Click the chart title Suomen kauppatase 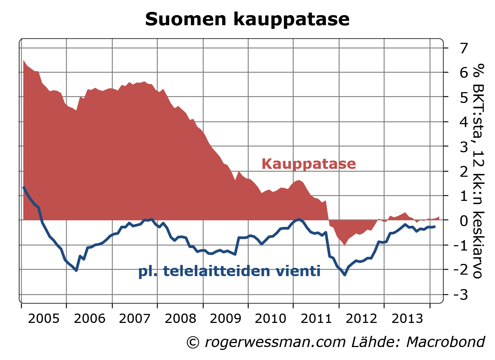(x=247, y=19)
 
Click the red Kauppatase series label (x=309, y=164)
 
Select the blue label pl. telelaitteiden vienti (x=229, y=271)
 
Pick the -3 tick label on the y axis (x=461, y=295)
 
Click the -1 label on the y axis (x=461, y=246)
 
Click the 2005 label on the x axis (x=44, y=318)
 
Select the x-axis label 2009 (x=225, y=318)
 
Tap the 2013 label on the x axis (x=407, y=318)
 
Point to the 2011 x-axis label (x=316, y=318)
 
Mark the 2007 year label (x=134, y=318)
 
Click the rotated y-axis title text (x=478, y=171)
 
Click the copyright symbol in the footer (x=193, y=342)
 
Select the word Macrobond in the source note (x=446, y=342)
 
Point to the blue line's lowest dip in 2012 (x=345, y=275)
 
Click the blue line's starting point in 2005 (x=23, y=187)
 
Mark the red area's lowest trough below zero (x=345, y=245)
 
